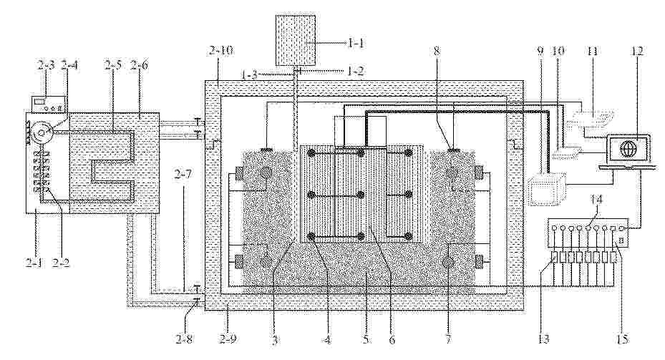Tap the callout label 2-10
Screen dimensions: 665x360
220,52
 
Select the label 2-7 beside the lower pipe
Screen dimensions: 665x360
183,173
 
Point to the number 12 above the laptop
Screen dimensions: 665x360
636,52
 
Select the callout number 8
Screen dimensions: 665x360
437,52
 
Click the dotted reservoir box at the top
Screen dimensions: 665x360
296,40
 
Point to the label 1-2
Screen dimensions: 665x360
356,71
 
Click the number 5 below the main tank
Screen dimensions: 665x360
366,339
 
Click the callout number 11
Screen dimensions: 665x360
593,52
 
